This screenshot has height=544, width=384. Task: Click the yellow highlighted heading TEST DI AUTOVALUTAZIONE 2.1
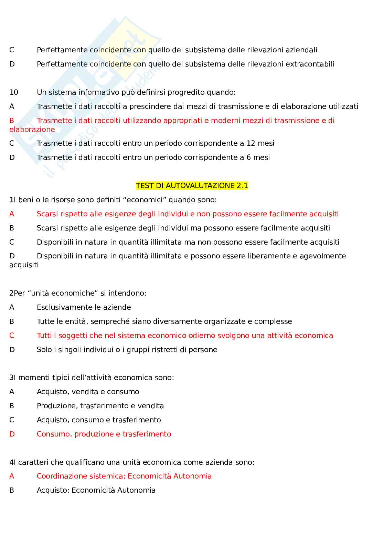pyautogui.click(x=192, y=186)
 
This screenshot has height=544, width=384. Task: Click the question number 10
pyautogui.click(x=14, y=92)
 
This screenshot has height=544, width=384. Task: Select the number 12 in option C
pyautogui.click(x=251, y=143)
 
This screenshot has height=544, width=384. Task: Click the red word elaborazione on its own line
pyautogui.click(x=32, y=130)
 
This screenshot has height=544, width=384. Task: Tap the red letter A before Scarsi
pyautogui.click(x=12, y=214)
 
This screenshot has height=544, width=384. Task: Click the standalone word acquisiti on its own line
pyautogui.click(x=24, y=265)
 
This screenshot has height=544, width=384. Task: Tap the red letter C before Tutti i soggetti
pyautogui.click(x=12, y=336)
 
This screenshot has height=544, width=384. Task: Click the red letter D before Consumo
pyautogui.click(x=12, y=434)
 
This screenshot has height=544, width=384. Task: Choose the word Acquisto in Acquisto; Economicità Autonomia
pyautogui.click(x=53, y=490)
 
